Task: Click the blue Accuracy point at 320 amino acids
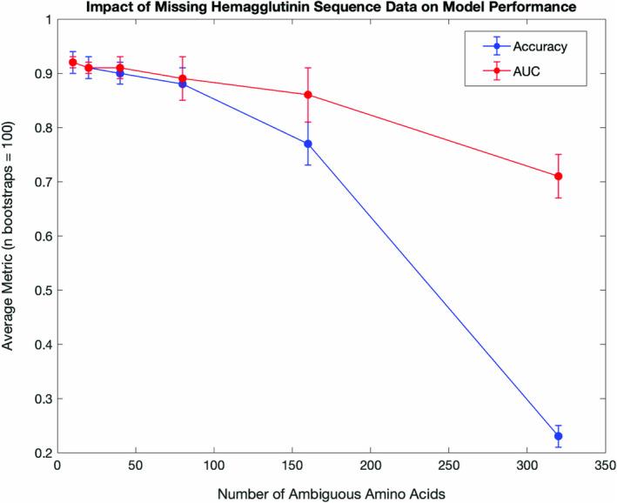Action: (558, 436)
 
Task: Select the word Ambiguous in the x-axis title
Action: (338, 493)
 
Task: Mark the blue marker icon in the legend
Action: (496, 46)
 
